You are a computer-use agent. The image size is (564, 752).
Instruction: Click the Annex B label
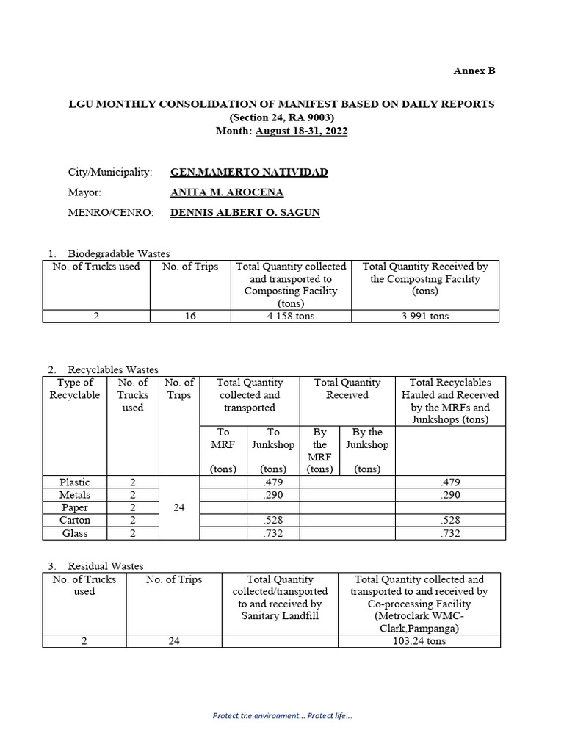coord(474,70)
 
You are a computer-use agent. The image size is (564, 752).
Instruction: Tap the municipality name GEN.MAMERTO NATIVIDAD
coord(249,172)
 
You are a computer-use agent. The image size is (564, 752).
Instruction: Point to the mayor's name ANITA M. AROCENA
coord(227,192)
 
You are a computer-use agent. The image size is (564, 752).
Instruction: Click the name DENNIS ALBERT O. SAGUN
coord(245,213)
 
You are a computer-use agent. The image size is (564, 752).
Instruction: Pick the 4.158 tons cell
coord(291,317)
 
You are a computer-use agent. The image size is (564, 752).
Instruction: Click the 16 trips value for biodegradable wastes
coord(190,317)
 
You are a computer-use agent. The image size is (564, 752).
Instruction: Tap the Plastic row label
coord(75,482)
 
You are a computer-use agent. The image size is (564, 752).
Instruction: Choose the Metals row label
coord(75,495)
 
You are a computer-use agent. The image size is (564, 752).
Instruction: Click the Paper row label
coord(75,507)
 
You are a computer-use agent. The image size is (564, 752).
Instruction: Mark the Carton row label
coord(75,521)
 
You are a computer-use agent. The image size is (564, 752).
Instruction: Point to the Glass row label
coord(75,533)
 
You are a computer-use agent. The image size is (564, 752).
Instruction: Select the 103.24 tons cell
coord(419,641)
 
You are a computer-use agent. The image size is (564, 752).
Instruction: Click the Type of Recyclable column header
coord(75,388)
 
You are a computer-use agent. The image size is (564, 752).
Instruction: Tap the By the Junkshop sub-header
coord(367,438)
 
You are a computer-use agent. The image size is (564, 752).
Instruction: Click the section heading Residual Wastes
coord(106,566)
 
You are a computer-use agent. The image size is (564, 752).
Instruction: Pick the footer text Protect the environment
coord(282,715)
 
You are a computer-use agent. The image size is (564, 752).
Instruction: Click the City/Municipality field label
coord(110,172)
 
